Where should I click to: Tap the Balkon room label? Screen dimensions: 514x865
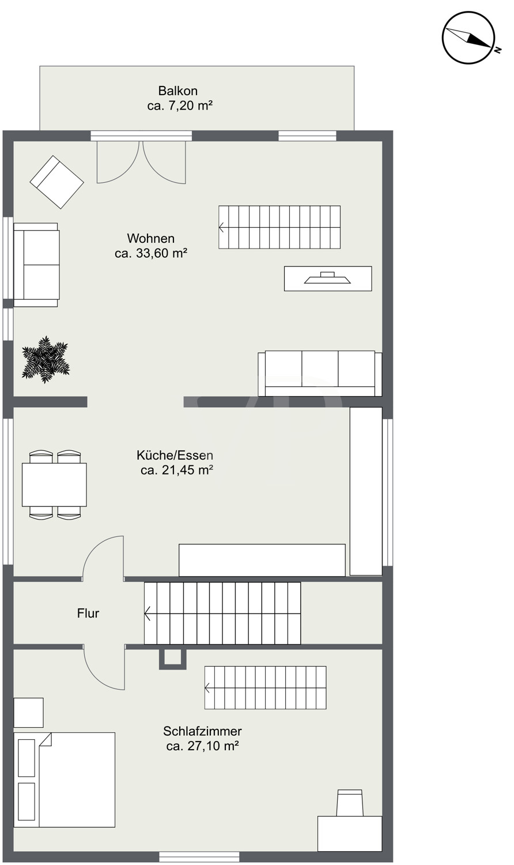pos(178,91)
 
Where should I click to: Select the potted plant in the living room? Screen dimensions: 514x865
pos(46,359)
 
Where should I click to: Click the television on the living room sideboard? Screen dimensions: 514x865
pos(328,277)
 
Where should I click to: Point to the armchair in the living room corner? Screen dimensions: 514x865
pos(56,182)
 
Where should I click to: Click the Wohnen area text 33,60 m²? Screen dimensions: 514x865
pos(151,253)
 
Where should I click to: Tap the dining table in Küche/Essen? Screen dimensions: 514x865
pos(54,484)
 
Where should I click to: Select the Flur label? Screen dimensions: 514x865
pos(88,613)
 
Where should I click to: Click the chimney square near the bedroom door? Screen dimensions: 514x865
pos(173,659)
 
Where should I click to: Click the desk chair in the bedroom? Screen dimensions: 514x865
pos(350,802)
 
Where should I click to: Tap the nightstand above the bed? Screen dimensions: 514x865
pos(29,712)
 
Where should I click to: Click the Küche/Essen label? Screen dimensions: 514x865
pos(175,456)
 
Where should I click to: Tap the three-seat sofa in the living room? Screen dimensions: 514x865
pos(320,374)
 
